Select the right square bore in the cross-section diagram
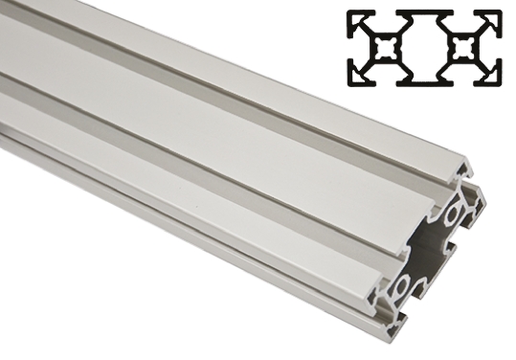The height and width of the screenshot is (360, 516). pos(465,46)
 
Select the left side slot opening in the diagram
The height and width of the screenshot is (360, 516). pos(351,46)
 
